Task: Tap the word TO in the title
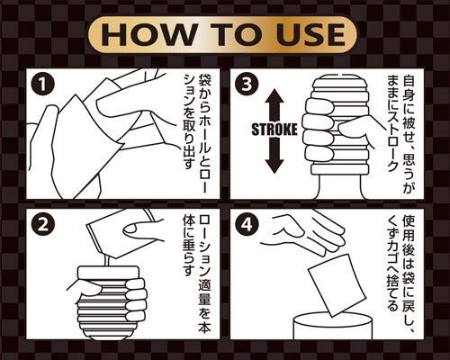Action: click(237, 35)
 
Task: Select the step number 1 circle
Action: click(43, 85)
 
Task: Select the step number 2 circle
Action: click(43, 225)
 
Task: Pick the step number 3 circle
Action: click(247, 85)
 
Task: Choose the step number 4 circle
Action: click(247, 225)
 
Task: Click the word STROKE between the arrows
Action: click(274, 130)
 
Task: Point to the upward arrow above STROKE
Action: click(274, 105)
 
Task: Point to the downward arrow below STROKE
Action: click(274, 156)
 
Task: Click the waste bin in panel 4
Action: click(332, 326)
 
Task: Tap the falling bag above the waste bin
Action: click(337, 286)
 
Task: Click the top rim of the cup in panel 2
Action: click(109, 273)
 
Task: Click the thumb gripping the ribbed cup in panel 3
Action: click(353, 128)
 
